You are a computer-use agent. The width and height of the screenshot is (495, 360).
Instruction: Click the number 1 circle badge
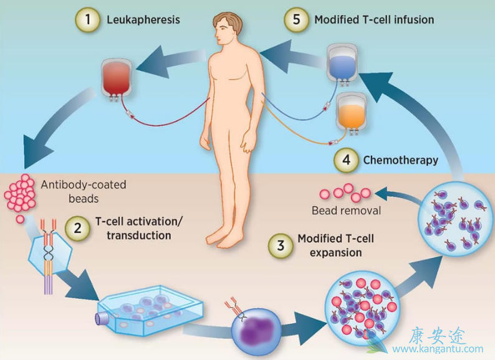point(87,20)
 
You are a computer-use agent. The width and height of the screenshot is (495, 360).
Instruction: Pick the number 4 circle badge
point(345,160)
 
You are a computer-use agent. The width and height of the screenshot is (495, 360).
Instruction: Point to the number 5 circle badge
point(296,19)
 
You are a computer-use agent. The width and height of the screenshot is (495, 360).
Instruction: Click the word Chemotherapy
point(401,160)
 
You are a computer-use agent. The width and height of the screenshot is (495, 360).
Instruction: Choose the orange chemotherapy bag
point(353,113)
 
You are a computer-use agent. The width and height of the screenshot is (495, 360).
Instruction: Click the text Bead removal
point(346,211)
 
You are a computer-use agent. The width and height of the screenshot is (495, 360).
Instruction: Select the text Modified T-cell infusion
point(374,20)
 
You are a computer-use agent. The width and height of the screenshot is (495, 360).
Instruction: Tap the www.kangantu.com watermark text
point(443,349)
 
